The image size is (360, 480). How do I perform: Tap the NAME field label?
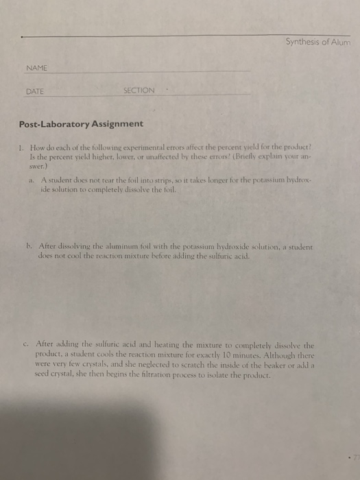(38, 68)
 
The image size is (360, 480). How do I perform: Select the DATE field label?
(36, 90)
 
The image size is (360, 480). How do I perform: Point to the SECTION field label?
(139, 90)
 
